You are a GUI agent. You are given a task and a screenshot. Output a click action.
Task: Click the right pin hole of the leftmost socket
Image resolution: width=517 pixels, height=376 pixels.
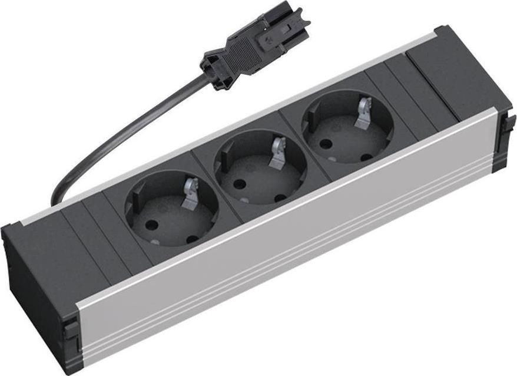pyautogui.click(x=192, y=239)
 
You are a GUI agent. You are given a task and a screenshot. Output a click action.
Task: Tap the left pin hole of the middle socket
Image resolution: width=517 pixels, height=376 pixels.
pyautogui.click(x=239, y=183)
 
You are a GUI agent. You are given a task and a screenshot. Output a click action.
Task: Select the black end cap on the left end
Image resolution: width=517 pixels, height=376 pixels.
pyautogui.click(x=35, y=277)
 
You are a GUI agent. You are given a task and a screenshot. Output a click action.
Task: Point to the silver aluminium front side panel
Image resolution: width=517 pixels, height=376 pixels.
pyautogui.click(x=294, y=248)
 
